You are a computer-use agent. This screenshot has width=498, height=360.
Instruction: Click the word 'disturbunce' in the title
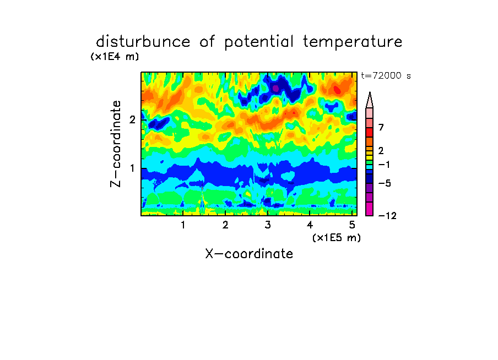[x=143, y=42]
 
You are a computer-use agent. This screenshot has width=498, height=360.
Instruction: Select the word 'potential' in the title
[x=259, y=42]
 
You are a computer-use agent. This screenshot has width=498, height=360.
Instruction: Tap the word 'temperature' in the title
[x=353, y=42]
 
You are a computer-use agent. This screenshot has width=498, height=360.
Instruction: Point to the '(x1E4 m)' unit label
[x=115, y=57]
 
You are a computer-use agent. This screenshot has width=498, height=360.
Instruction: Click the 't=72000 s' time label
[x=386, y=75]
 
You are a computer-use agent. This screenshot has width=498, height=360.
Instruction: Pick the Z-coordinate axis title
[x=116, y=144]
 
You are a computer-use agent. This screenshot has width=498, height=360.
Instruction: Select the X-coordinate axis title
[x=249, y=254]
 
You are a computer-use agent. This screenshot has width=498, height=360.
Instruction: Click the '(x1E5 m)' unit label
[x=337, y=238]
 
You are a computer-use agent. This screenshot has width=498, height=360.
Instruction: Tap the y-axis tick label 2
[x=132, y=119]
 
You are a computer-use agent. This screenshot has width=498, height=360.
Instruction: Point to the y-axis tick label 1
[x=132, y=168]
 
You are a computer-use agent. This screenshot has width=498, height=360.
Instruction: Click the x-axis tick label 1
[x=183, y=225]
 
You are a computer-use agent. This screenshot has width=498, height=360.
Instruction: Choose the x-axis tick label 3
[x=268, y=225]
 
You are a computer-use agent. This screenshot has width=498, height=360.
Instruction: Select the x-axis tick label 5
[x=352, y=225]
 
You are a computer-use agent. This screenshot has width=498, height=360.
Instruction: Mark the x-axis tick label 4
[x=310, y=225]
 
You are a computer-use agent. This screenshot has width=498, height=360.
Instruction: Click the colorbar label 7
[x=381, y=128]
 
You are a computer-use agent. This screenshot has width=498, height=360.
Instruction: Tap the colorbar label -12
[x=387, y=216]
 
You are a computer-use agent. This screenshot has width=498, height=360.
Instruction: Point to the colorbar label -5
[x=385, y=183]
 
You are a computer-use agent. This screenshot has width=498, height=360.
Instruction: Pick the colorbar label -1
[x=384, y=165]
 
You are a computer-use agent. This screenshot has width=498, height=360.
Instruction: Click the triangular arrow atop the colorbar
[x=370, y=100]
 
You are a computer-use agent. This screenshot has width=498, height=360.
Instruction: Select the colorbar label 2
[x=381, y=151]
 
